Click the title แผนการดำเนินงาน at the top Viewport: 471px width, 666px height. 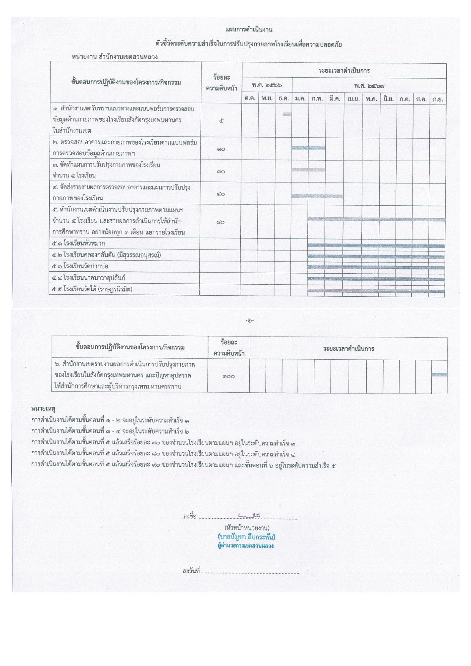[x=249, y=30]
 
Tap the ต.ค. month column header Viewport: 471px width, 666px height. [x=250, y=99]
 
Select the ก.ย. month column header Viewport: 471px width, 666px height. [x=438, y=99]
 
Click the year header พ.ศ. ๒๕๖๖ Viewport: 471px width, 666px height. [x=267, y=85]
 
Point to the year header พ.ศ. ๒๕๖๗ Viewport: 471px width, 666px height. [x=369, y=86]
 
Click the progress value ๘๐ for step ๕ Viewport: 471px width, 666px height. [x=221, y=222]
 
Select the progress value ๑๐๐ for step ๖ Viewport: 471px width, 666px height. [x=228, y=376]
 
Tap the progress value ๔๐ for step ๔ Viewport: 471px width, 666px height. [x=221, y=194]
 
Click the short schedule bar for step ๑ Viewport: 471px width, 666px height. [x=287, y=114]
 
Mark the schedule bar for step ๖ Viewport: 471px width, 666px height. [x=439, y=375]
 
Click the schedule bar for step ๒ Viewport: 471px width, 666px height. [x=308, y=148]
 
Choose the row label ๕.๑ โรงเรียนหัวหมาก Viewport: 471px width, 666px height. [x=79, y=243]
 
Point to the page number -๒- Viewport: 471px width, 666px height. [x=249, y=321]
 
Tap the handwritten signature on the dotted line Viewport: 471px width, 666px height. [x=249, y=515]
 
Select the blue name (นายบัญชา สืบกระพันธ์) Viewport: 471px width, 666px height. [x=247, y=537]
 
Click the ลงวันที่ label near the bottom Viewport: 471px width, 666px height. [x=191, y=571]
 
